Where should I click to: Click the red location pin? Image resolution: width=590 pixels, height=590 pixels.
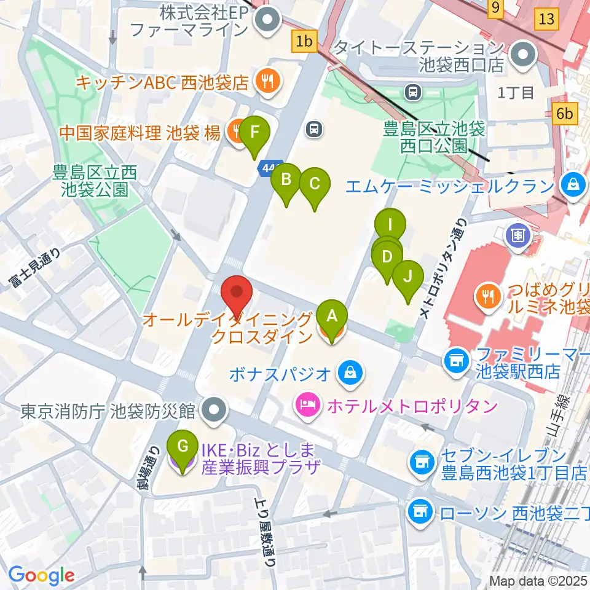237,295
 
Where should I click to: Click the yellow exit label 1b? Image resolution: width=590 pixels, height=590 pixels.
304,42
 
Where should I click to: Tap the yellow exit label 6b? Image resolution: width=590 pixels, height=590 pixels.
565,114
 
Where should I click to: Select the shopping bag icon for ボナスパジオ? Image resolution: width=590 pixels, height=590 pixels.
350,372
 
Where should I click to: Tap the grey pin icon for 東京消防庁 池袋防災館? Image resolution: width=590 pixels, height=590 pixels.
214,409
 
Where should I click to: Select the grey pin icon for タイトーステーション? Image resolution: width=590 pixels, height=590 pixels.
524,54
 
